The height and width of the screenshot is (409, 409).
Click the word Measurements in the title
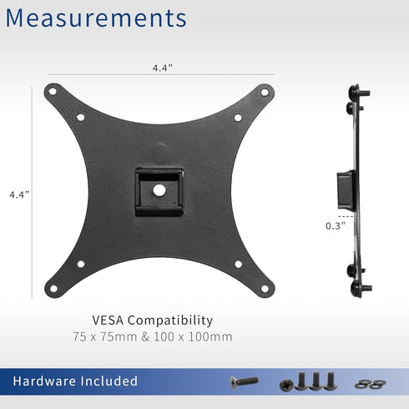point(96,18)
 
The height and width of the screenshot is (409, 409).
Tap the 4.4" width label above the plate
point(161,69)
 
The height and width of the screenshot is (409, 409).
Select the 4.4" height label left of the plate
point(19,194)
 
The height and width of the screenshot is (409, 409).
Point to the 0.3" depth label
point(335,225)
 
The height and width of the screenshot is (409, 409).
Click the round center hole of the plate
point(159,190)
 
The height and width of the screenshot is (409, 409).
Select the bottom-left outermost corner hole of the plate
point(53,289)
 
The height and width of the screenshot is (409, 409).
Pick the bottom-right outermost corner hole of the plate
point(265,289)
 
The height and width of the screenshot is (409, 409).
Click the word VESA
point(110,320)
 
